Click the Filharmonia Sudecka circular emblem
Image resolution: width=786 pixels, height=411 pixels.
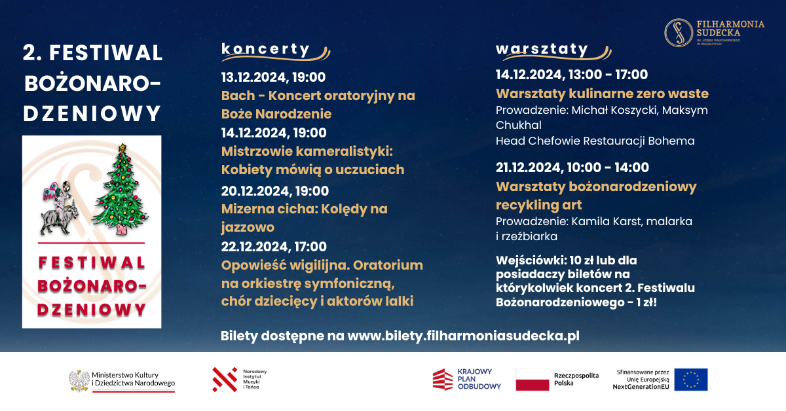(x=679, y=33)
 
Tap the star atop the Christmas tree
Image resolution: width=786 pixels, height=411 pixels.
(x=122, y=147)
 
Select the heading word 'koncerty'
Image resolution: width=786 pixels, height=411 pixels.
(x=265, y=49)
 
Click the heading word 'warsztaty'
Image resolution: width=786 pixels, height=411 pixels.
(x=542, y=48)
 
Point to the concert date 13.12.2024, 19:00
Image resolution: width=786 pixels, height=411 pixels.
(x=273, y=77)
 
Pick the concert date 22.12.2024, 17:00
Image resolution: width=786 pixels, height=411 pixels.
(x=274, y=247)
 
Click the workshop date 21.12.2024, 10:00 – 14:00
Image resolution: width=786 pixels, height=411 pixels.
(x=572, y=168)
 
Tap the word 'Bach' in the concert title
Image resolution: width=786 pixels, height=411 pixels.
(x=238, y=96)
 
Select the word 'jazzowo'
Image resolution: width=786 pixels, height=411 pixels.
(x=248, y=227)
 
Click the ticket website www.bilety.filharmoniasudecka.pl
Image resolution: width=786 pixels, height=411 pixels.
(x=463, y=336)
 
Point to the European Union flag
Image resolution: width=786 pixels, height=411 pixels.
(x=691, y=380)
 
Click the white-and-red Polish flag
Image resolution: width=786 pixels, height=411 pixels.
(x=533, y=380)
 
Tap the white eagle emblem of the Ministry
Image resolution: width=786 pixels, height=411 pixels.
(x=79, y=380)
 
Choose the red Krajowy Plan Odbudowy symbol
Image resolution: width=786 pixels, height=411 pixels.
(x=443, y=380)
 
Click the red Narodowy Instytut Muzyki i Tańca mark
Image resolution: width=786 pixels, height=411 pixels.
(x=225, y=380)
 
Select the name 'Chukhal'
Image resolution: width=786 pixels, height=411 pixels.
(x=518, y=125)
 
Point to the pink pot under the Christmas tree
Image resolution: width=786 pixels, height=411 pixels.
(x=121, y=229)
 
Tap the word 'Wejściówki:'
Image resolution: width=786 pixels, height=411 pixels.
(x=531, y=260)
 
